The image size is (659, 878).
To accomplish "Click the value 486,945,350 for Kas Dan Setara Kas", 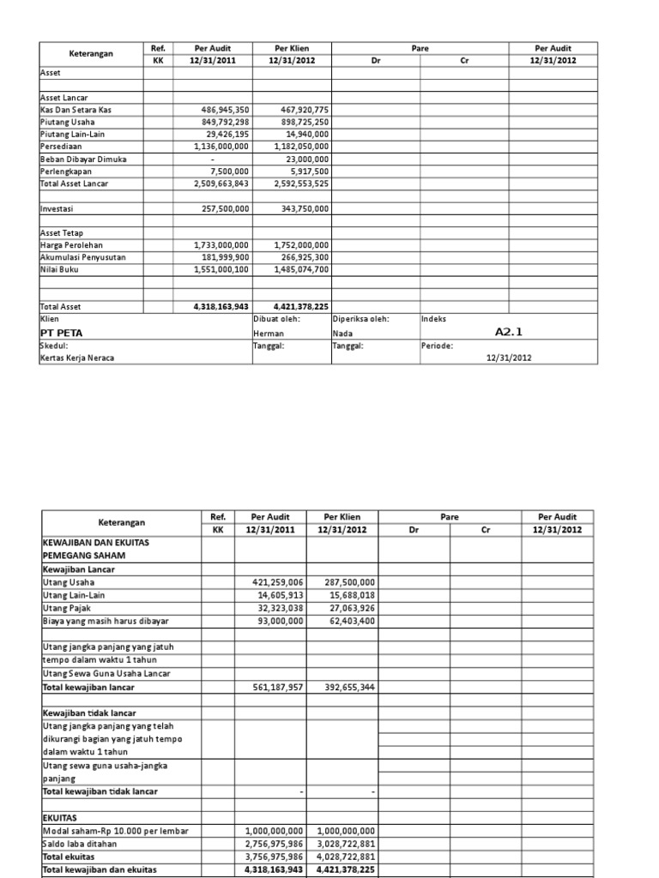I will tap(225, 110).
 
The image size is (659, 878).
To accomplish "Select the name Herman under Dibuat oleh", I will tap(269, 334).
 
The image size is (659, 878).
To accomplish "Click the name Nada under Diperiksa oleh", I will tap(343, 334).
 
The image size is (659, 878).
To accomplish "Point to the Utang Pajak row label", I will tap(67, 607).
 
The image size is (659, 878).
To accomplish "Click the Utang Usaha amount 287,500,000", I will tap(345, 581).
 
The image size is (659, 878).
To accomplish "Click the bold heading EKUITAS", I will tap(61, 818).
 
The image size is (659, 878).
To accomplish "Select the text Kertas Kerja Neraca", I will tap(77, 358).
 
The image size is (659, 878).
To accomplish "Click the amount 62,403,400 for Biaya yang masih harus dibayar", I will tap(348, 620).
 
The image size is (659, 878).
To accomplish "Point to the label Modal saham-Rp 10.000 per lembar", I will tap(115, 831).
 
